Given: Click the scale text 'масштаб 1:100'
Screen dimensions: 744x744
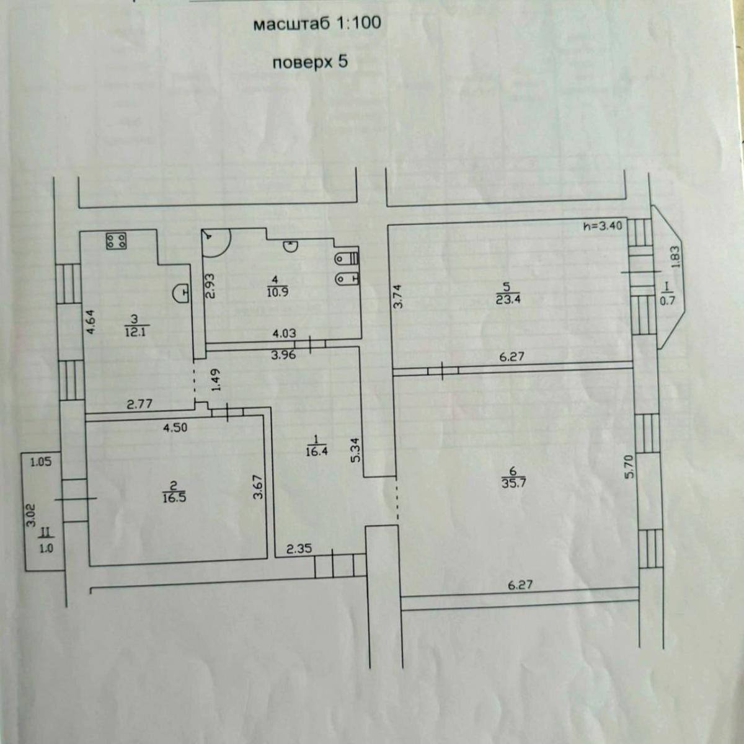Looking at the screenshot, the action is pos(317,23).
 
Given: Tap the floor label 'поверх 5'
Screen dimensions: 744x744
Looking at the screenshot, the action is pos(310,62).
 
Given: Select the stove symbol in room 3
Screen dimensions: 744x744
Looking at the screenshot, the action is pos(116,241).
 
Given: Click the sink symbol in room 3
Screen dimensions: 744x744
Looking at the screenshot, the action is pos(182,293).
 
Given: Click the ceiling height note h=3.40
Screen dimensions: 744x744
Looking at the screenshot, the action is pos(603,226).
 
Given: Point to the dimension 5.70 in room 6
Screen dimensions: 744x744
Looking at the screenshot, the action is pos(630,466).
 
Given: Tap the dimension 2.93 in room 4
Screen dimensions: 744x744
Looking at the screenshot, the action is pos(210,286).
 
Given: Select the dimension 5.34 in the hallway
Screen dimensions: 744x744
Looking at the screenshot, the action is pos(356,449).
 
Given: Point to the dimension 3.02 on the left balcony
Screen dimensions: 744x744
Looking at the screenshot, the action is pos(31,515).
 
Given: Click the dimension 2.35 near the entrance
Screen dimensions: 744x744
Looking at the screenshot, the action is pos(299,549).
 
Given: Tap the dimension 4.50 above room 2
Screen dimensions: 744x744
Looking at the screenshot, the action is pos(175,427).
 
